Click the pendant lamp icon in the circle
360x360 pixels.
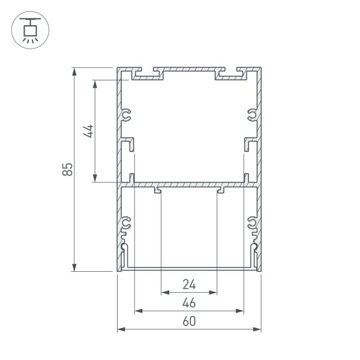tap(28, 29)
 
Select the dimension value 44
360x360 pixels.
tap(88, 131)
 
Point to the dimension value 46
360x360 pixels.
tap(189, 302)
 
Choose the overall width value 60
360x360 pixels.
tap(189, 321)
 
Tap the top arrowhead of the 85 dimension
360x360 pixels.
tap(74, 71)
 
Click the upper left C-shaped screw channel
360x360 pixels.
tap(127, 115)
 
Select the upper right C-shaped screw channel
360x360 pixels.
tap(251, 115)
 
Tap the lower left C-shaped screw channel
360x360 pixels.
tap(127, 224)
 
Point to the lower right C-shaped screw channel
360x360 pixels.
tap(251, 224)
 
